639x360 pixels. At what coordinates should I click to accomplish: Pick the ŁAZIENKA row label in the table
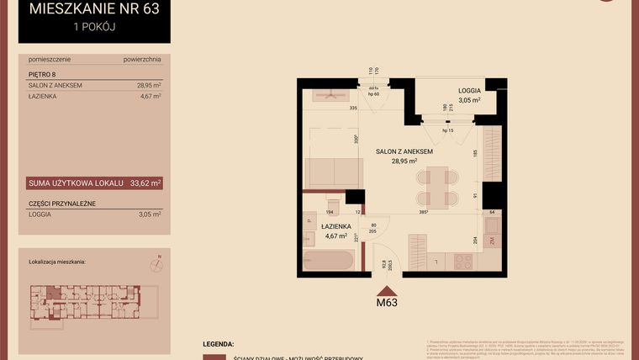click(43, 96)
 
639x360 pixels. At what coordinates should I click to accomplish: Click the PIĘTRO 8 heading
click(40, 74)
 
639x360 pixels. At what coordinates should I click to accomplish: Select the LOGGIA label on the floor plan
click(469, 90)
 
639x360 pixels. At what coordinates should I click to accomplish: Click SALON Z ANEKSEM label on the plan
click(404, 151)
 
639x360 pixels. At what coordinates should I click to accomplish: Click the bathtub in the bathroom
click(329, 259)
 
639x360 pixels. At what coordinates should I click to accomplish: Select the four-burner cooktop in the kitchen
click(463, 261)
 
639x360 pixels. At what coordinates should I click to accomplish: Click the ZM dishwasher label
click(492, 241)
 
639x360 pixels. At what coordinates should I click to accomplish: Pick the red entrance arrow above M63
click(387, 288)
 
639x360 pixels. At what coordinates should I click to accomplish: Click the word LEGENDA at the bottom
click(219, 345)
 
